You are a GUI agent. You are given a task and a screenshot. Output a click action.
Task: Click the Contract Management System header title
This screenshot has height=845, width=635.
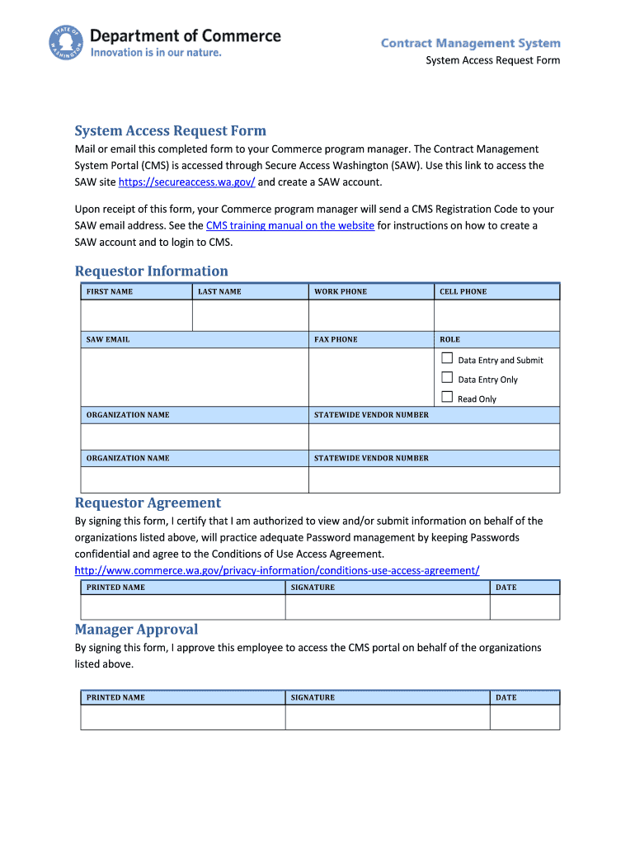470,43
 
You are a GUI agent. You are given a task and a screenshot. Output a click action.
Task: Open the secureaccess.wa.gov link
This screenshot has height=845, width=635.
186,182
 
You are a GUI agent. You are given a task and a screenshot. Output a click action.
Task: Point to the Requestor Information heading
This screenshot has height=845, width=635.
151,271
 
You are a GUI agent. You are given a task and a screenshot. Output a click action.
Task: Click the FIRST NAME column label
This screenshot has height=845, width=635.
110,291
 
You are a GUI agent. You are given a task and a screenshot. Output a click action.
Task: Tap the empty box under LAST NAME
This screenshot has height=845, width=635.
250,315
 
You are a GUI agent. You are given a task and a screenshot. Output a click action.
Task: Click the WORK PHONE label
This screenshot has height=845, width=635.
341,291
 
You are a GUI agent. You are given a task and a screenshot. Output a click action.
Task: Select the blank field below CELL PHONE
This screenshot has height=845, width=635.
496,315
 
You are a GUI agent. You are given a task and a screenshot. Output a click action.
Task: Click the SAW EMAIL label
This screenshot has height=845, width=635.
108,339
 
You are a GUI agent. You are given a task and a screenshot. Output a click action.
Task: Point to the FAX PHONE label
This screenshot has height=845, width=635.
336,339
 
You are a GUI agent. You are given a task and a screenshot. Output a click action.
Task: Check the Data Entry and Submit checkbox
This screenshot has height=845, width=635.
447,358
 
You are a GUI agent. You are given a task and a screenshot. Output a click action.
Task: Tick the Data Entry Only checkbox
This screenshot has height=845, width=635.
447,378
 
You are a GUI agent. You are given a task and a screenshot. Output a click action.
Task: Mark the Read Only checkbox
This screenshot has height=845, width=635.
447,397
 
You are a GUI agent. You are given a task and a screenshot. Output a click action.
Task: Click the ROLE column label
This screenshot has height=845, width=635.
449,339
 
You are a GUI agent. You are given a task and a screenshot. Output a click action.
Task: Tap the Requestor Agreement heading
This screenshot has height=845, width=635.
148,503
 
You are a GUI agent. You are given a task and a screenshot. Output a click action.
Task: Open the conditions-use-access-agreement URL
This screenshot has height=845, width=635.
277,570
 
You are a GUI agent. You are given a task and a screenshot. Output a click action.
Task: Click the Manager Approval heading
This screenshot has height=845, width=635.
136,629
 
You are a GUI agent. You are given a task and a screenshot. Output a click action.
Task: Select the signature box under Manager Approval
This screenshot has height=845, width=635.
388,717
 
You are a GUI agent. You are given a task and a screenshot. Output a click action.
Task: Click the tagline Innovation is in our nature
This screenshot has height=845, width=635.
156,53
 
